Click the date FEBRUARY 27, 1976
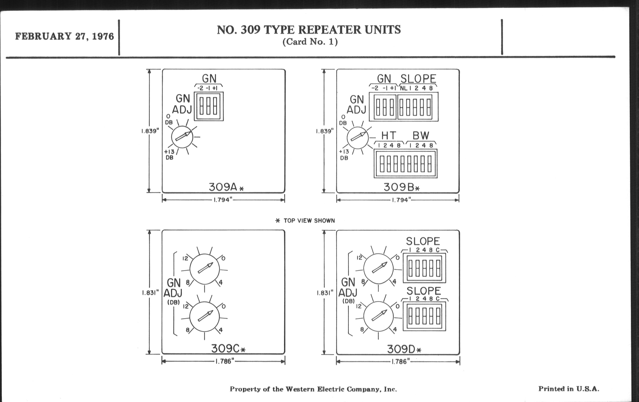tap(64, 36)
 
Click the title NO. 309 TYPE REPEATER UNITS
tap(309, 30)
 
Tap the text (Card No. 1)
tap(310, 42)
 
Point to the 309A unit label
tap(226, 187)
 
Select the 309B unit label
tap(401, 187)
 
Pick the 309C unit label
tap(228, 348)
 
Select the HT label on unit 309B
tap(389, 136)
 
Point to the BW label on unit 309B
tap(421, 136)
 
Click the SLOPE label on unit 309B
tap(418, 79)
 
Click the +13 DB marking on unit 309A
tap(169, 154)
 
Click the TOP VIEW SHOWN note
tap(305, 221)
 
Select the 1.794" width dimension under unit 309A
tap(223, 200)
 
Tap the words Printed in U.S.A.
tap(569, 389)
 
